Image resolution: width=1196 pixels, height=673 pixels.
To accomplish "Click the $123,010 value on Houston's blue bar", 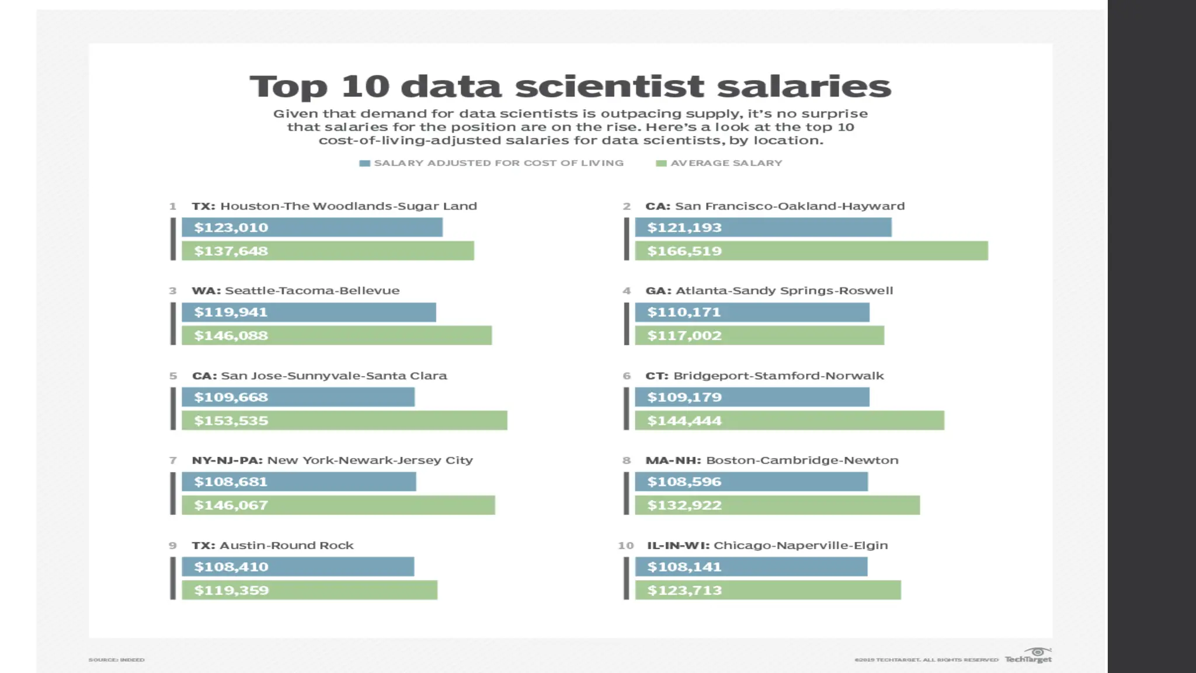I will [x=231, y=227].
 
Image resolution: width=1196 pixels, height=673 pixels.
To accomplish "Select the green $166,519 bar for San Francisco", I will [x=811, y=251].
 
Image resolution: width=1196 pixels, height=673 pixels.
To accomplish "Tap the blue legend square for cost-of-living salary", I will [x=364, y=164].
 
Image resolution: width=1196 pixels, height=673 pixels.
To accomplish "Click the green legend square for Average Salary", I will [x=661, y=164].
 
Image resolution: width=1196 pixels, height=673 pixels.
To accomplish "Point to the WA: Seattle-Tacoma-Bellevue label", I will [x=295, y=290].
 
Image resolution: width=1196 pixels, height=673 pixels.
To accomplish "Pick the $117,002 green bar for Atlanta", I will [x=759, y=335].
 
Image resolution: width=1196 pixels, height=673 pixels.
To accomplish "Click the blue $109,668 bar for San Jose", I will [x=298, y=397].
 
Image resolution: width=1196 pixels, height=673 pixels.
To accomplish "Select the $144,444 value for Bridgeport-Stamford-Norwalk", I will [x=684, y=421].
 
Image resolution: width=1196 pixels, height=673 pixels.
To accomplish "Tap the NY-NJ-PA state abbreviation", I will [x=227, y=460].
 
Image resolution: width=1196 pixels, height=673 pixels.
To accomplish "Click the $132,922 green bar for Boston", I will [x=777, y=505].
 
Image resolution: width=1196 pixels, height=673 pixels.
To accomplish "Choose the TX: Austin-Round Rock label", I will [x=273, y=545].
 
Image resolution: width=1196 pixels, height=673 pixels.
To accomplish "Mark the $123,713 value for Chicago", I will [x=684, y=590].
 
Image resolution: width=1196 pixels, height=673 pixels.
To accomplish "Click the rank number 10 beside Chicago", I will [x=625, y=545].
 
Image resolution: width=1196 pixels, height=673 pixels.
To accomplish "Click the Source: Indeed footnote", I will [x=116, y=660].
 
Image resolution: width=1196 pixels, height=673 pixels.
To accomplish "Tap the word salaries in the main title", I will [x=804, y=86].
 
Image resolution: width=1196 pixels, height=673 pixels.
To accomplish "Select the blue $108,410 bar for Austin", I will [x=298, y=567].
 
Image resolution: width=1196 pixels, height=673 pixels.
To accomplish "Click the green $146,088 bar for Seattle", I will [x=336, y=335].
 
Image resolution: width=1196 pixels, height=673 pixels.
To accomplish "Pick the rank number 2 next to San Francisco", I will [x=627, y=206].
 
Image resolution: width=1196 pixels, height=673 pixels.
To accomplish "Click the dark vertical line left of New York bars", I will [x=173, y=494].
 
